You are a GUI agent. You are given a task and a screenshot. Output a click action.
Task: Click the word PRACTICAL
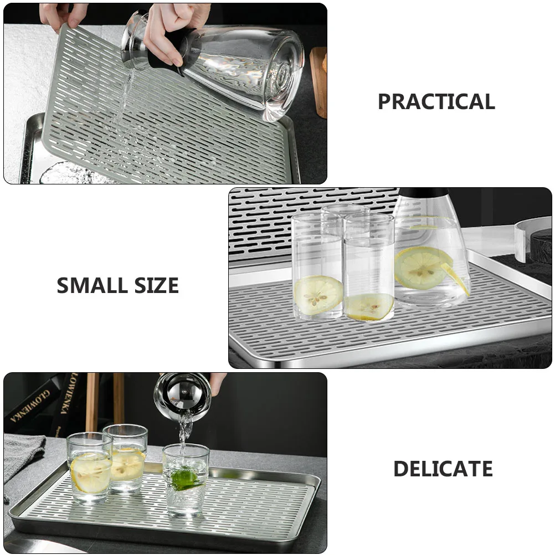[x=436, y=102]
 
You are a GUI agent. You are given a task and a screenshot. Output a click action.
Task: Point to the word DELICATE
[x=443, y=469]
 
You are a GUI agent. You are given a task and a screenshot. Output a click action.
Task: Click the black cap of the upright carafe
[x=424, y=192]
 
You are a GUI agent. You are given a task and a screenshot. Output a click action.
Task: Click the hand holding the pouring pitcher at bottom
[x=218, y=382]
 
